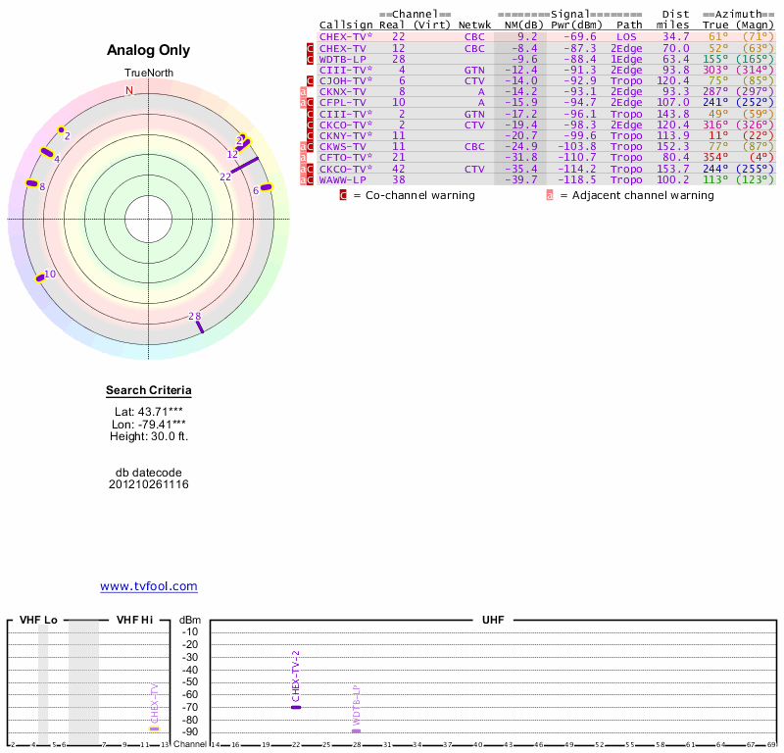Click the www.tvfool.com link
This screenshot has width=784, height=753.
pos(149,586)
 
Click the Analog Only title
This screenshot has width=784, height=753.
pos(149,50)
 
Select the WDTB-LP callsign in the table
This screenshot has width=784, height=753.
pos(343,59)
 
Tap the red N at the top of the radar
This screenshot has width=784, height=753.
pos(129,90)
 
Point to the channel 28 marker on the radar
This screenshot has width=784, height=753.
pos(199,325)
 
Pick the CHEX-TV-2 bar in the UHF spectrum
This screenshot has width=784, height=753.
pos(296,707)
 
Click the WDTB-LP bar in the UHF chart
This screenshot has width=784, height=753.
pos(357,730)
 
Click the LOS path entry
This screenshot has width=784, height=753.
pos(626,36)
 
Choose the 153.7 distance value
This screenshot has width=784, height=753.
pos(673,169)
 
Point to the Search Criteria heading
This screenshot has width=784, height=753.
pos(149,391)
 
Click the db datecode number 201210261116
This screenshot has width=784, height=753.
pos(149,484)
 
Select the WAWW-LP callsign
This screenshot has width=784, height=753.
pos(343,179)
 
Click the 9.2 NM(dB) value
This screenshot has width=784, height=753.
pos(527,36)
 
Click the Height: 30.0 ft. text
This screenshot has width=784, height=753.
pos(149,436)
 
